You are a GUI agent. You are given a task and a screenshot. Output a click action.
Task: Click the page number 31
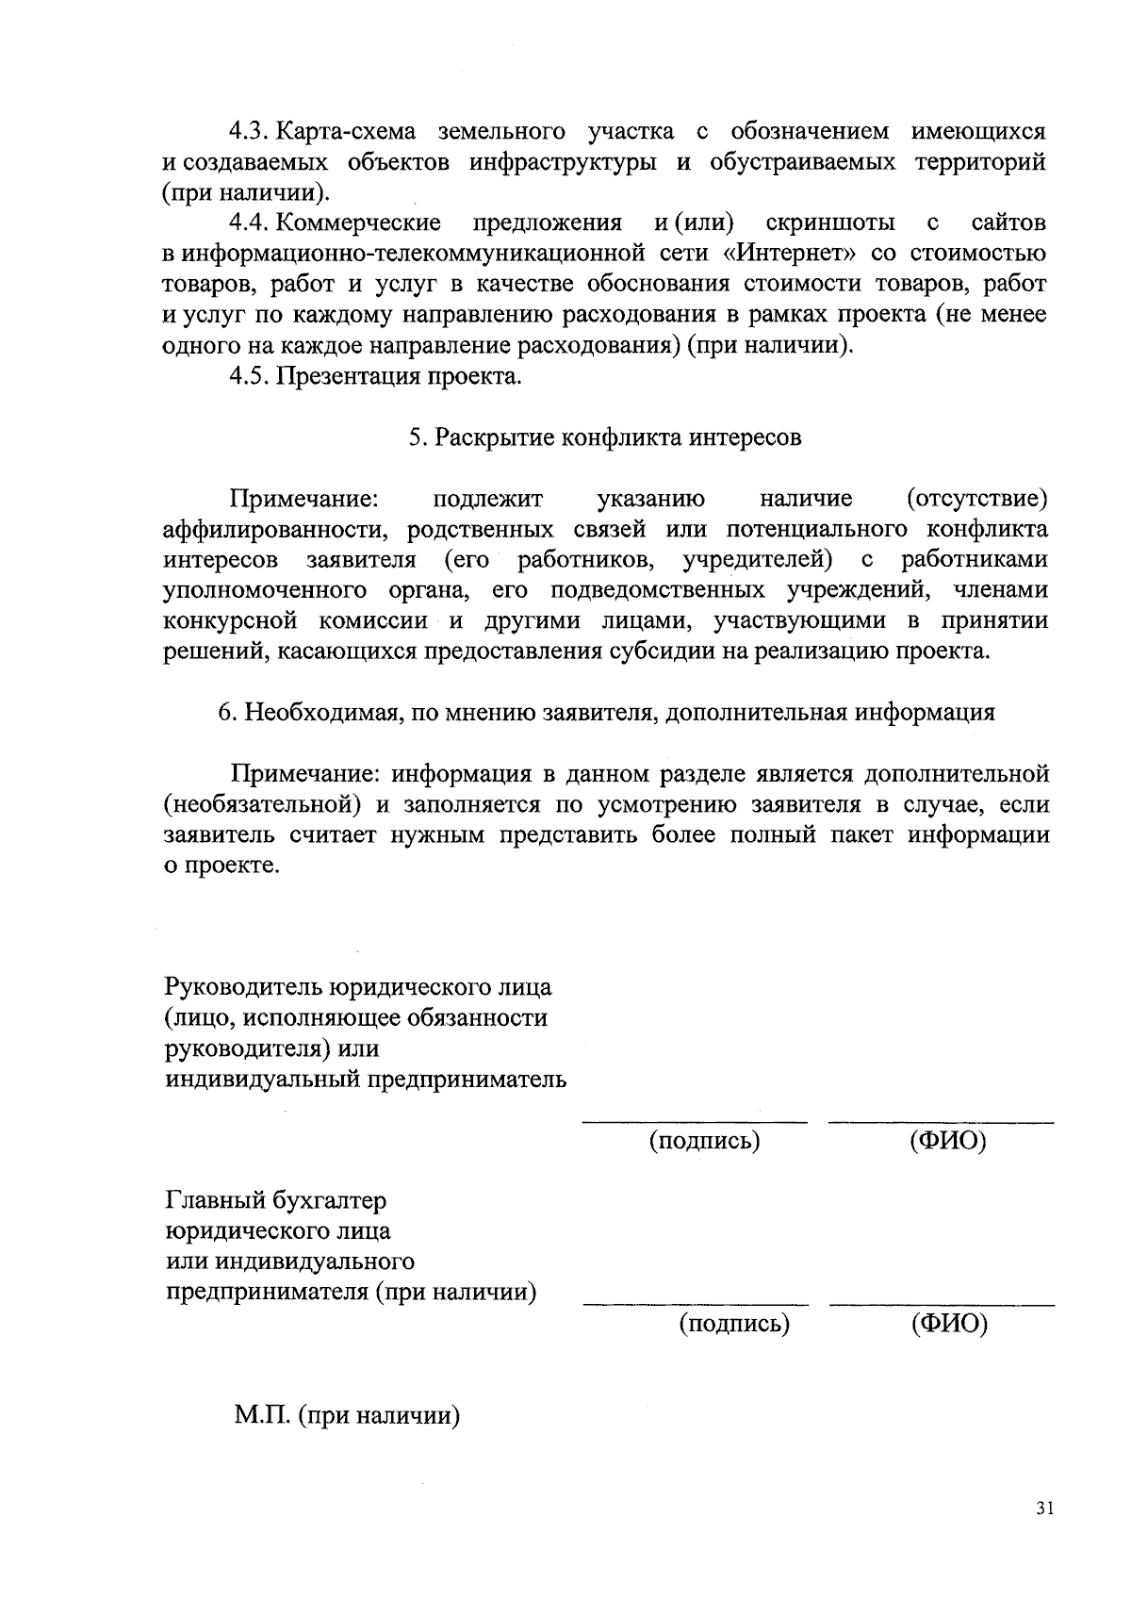coord(1043,1509)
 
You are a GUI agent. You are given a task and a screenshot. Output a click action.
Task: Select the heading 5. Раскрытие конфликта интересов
coord(605,437)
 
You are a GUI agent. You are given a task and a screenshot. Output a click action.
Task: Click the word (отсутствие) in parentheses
coord(976,498)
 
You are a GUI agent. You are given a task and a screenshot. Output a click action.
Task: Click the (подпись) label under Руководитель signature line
coord(704,1141)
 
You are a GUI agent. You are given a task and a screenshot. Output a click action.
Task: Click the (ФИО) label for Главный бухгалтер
coord(949,1324)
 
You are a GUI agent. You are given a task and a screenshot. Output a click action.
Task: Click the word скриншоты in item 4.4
coord(830,223)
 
